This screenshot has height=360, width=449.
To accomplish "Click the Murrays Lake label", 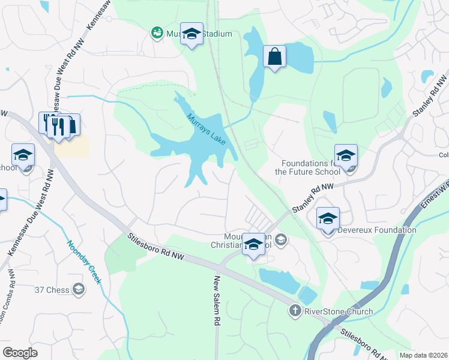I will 206,129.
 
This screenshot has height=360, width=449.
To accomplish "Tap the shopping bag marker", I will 274,58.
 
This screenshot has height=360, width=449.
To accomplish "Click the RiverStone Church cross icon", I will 295,311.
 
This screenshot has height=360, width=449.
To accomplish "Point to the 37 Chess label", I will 52,290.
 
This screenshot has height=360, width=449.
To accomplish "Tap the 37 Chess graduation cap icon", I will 77,290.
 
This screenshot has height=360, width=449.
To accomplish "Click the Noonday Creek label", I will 83,263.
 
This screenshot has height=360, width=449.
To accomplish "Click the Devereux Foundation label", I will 376,230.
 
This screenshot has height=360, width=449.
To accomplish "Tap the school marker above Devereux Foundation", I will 328,219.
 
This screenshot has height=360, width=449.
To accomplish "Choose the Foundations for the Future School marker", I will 346,156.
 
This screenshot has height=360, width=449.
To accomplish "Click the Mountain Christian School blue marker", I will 254,244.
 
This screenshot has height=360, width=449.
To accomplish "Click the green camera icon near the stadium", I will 157,32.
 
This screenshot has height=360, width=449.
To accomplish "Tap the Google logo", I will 20,353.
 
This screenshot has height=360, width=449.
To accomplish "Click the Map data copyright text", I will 424,355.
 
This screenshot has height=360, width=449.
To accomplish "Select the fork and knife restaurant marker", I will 58,126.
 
